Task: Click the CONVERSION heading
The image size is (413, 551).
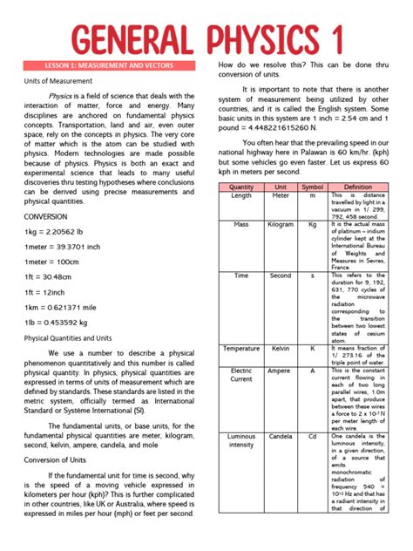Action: click(x=45, y=215)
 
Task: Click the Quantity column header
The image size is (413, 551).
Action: click(x=241, y=187)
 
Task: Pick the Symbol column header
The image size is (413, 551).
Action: click(x=312, y=187)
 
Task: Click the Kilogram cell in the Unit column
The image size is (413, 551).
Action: click(x=281, y=225)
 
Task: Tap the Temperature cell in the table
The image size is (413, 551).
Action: click(x=241, y=349)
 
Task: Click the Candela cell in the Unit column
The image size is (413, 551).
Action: click(x=281, y=436)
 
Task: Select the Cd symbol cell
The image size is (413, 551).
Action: click(x=312, y=436)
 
